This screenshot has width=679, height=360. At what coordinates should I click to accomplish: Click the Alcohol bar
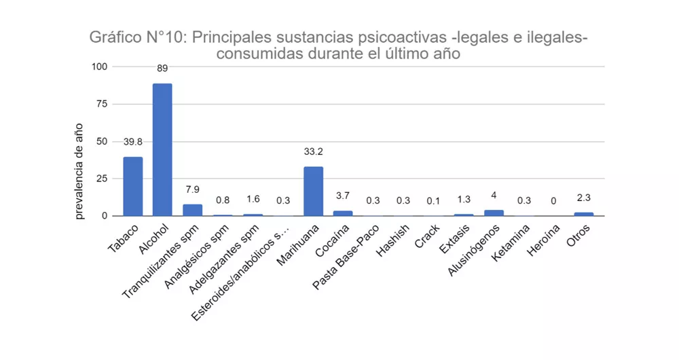coord(162,149)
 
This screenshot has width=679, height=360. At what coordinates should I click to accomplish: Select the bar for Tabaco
coord(132,186)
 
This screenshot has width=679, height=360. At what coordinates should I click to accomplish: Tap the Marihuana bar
coord(313,191)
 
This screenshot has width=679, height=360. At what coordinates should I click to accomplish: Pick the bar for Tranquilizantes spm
coord(192,210)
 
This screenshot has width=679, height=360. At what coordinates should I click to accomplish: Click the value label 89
coord(162,68)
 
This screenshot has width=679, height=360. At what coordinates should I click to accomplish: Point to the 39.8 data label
coord(132,142)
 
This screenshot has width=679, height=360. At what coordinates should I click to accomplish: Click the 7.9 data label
coord(192,190)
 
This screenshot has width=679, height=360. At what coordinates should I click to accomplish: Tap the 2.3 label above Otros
coord(584,198)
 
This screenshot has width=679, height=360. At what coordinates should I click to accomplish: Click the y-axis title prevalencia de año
coord(79,170)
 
